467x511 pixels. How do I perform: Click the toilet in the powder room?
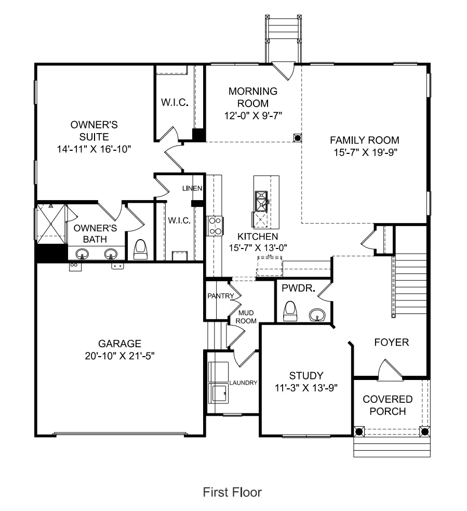290,311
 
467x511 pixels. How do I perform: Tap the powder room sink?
317,315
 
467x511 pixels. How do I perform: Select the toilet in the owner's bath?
141,250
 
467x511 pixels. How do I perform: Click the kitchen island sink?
261,201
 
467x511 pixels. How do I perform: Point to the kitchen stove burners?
215,226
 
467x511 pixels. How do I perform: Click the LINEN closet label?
192,188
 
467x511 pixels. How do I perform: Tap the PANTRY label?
221,296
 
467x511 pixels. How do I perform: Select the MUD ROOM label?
246,317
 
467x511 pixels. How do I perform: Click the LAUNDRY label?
243,383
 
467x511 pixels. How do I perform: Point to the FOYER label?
392,342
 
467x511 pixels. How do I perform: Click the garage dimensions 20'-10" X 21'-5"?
119,356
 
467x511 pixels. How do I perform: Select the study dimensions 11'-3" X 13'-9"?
306,388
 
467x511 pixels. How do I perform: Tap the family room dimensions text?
365,152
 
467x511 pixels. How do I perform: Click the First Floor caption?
232,492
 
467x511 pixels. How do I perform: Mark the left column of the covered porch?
358,431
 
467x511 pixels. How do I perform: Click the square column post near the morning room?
297,138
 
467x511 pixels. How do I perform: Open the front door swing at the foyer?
390,370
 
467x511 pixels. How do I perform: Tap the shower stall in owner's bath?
51,224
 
